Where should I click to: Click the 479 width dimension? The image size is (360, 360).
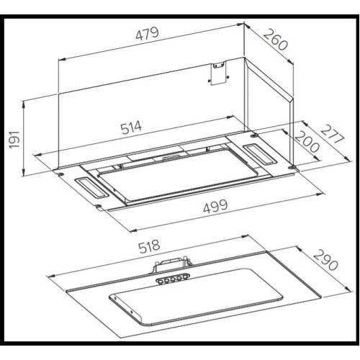[147, 34]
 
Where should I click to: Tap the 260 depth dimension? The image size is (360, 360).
[275, 40]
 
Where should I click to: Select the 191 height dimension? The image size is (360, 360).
[14, 140]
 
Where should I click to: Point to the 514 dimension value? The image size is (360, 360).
[131, 127]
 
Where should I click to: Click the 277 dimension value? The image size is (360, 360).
[333, 135]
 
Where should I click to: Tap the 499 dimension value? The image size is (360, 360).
[215, 207]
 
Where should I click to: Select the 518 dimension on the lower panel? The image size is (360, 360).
[149, 246]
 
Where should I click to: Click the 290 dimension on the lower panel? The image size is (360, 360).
[325, 260]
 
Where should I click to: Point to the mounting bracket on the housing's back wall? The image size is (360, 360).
[218, 73]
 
